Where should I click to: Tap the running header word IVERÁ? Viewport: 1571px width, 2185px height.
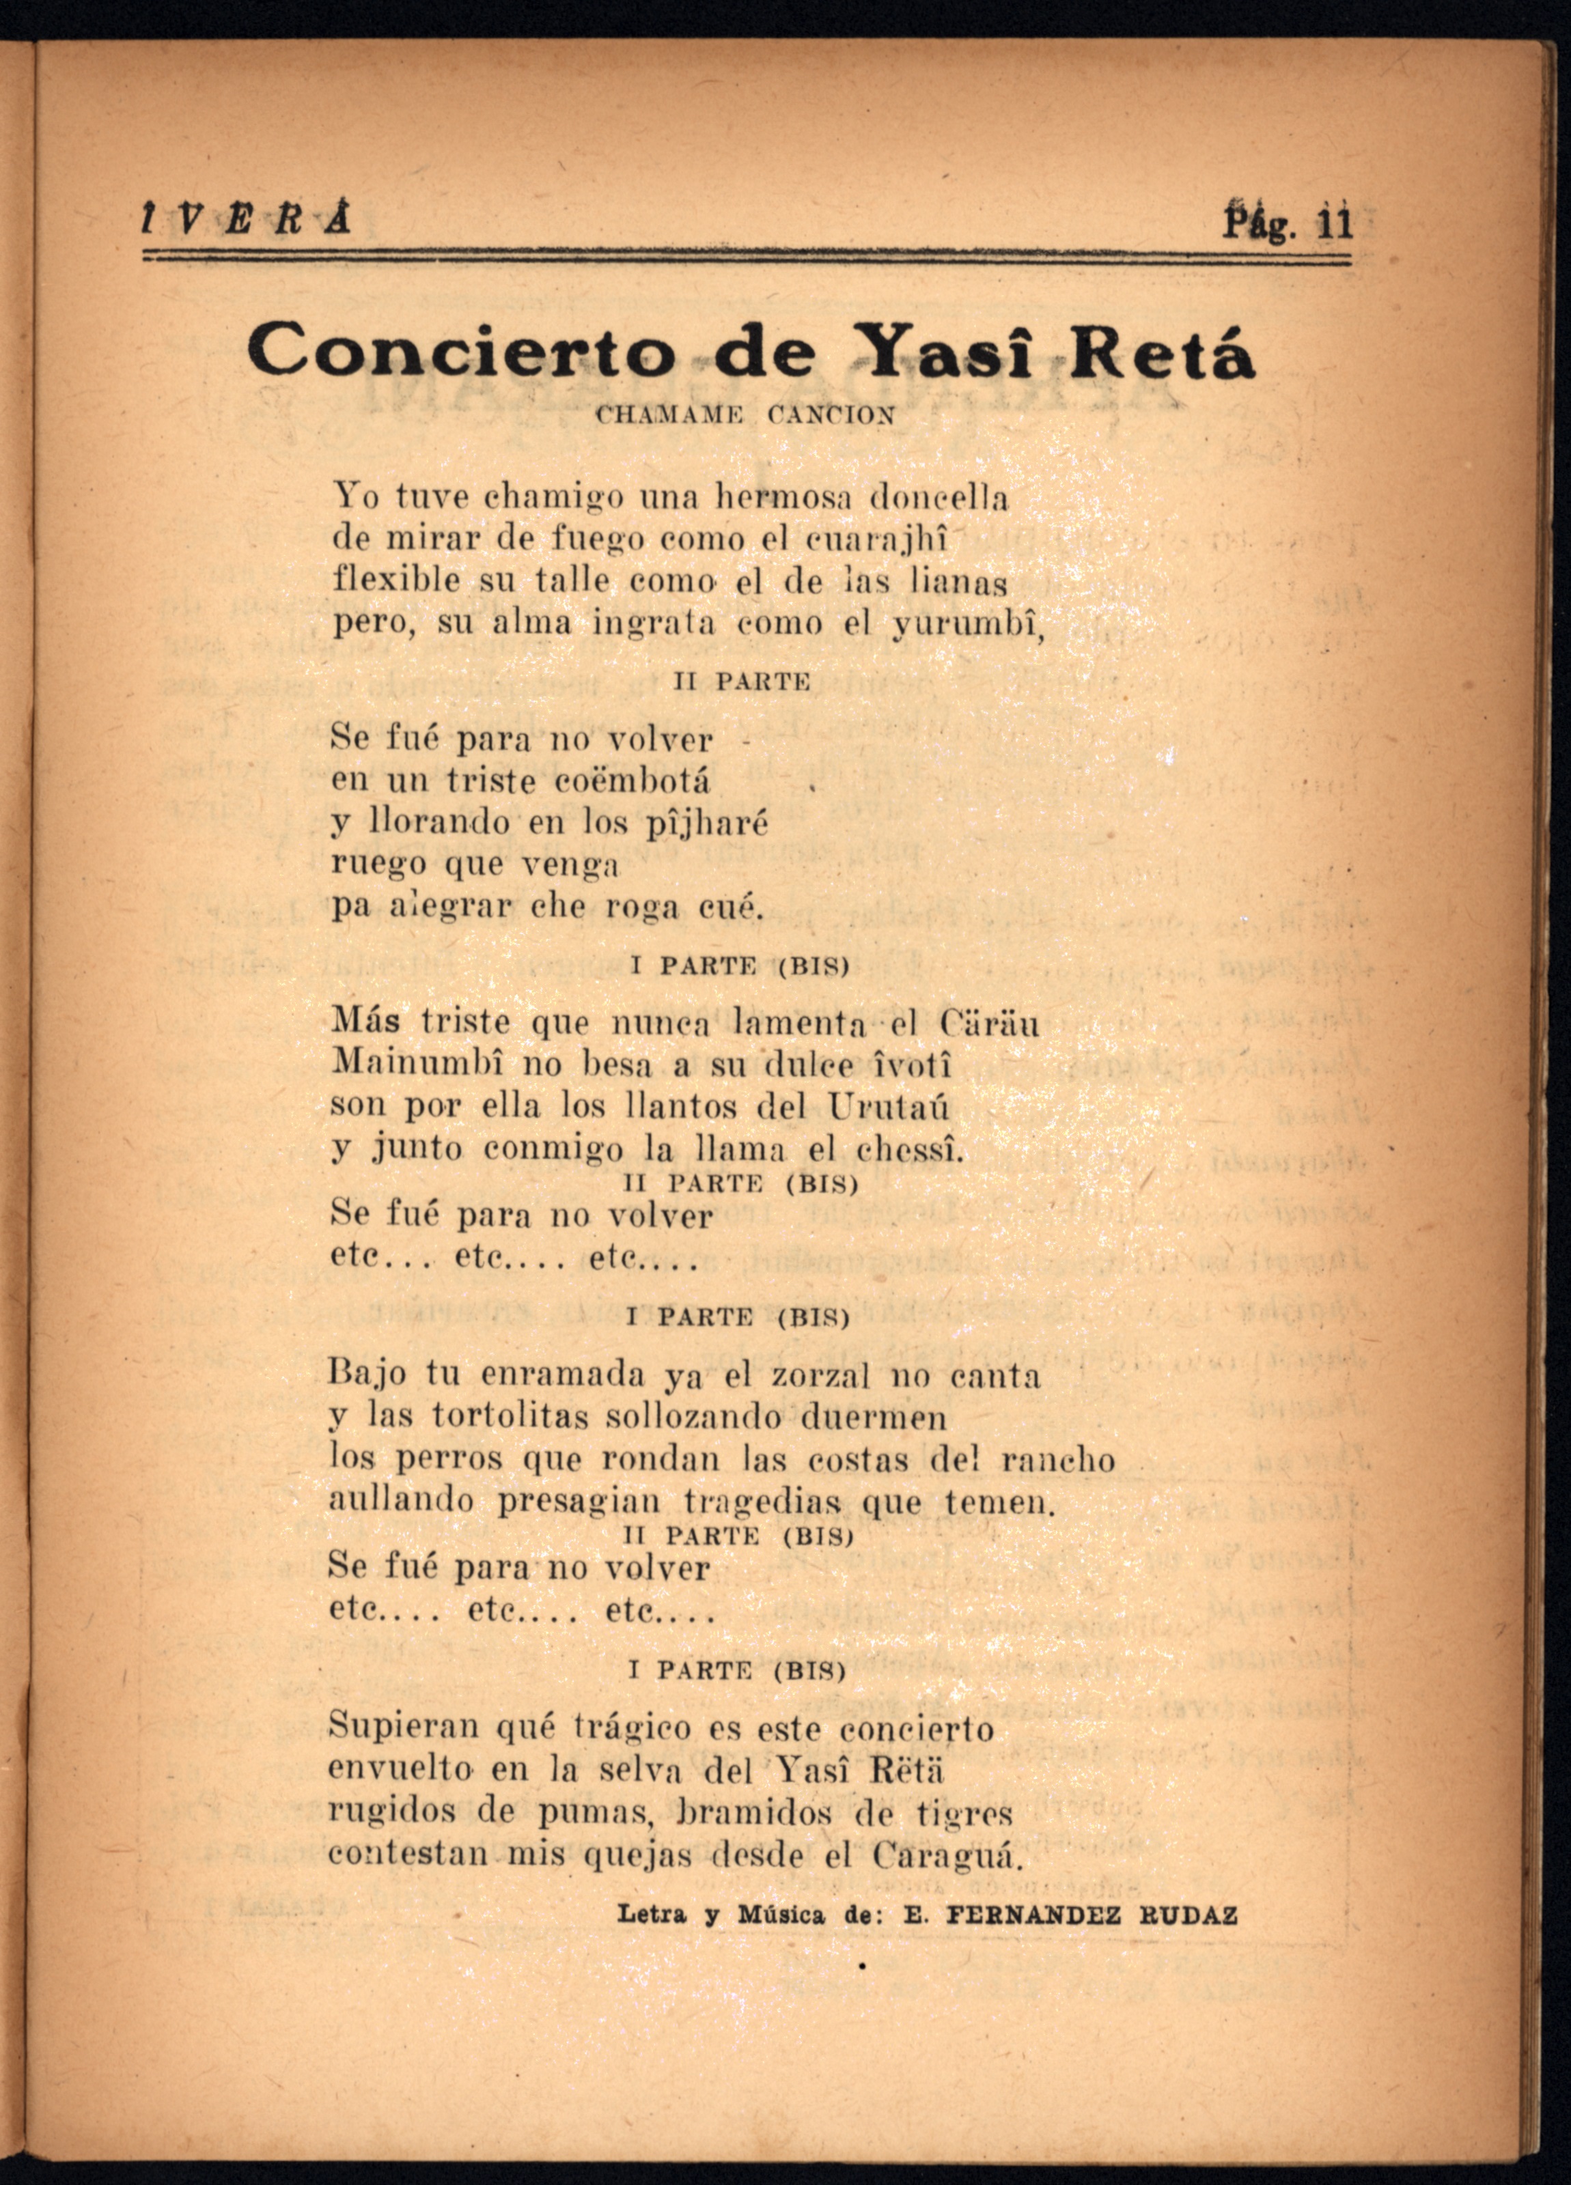[245, 221]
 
